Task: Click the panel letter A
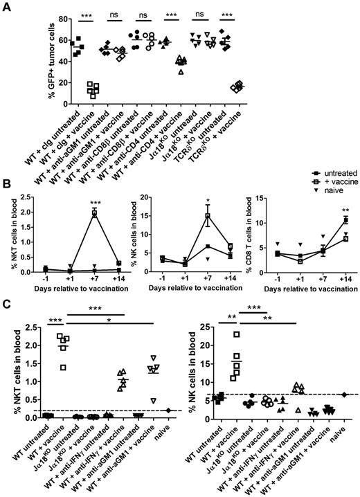(6, 6)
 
